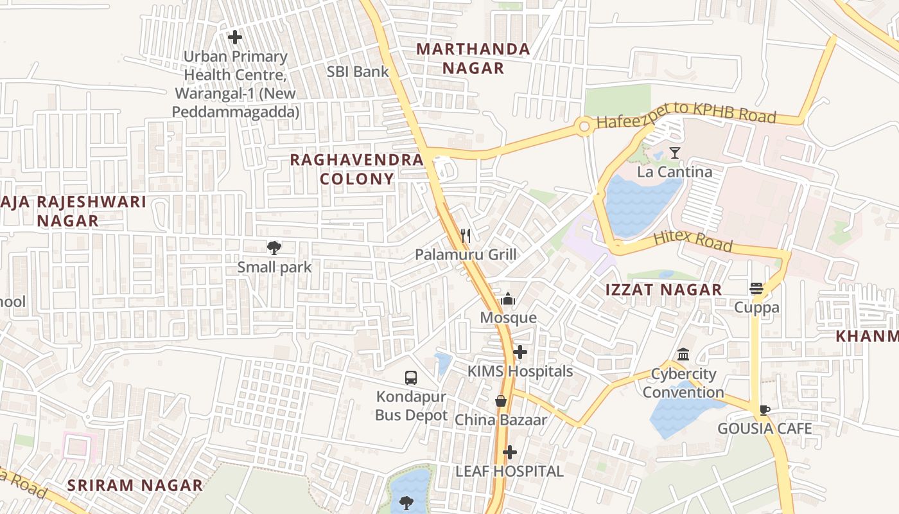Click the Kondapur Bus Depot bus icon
(x=411, y=378)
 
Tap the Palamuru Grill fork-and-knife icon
(x=466, y=236)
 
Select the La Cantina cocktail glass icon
(x=674, y=153)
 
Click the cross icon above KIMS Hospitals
(x=520, y=352)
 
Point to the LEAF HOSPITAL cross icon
(x=509, y=452)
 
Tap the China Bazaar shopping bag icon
(x=501, y=401)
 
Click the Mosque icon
(x=508, y=299)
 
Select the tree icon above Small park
(x=274, y=247)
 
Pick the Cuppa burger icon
(x=756, y=288)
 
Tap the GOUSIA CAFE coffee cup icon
(x=764, y=410)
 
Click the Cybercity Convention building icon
(x=683, y=355)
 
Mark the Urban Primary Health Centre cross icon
(x=235, y=37)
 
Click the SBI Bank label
(x=358, y=71)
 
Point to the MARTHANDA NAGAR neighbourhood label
(x=473, y=58)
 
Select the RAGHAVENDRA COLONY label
(x=357, y=169)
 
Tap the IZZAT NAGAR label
(x=664, y=290)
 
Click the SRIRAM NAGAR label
(x=135, y=485)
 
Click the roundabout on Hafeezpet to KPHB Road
(x=584, y=127)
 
